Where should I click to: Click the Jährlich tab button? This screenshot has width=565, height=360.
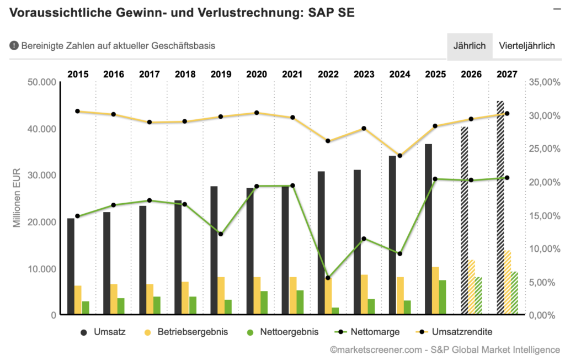click(x=469, y=46)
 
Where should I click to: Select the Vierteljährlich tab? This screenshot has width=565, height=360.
click(x=526, y=46)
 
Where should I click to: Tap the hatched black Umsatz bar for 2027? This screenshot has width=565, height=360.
click(x=500, y=208)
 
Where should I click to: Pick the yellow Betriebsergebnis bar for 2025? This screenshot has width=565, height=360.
click(x=435, y=290)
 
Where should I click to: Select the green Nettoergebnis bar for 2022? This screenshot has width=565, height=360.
click(x=335, y=311)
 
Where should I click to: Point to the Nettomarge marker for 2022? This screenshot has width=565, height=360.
click(x=328, y=278)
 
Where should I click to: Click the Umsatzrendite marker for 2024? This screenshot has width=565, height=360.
click(x=399, y=156)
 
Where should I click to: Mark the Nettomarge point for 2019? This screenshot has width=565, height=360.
click(x=221, y=234)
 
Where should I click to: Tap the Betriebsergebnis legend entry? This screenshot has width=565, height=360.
click(x=185, y=332)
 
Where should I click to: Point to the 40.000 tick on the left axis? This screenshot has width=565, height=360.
click(x=42, y=129)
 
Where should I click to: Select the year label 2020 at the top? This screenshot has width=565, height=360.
click(x=257, y=74)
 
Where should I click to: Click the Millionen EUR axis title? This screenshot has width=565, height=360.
click(x=18, y=198)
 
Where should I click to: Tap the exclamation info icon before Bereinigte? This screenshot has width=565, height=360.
click(x=14, y=46)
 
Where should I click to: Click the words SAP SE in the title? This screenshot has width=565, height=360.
click(x=329, y=13)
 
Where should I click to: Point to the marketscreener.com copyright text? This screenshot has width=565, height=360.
click(x=445, y=350)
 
